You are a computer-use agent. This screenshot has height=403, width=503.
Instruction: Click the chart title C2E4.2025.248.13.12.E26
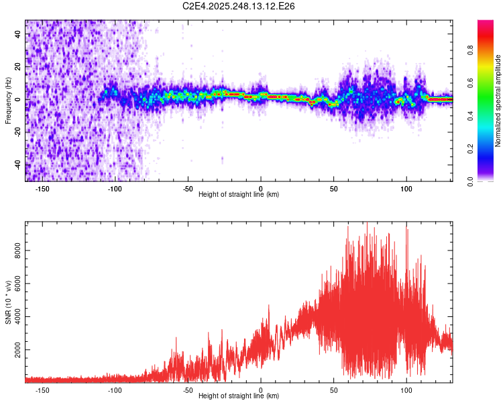(239, 7)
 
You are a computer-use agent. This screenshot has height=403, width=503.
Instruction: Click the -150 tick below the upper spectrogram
(42, 188)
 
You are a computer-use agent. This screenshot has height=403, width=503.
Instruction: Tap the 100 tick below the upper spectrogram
(406, 188)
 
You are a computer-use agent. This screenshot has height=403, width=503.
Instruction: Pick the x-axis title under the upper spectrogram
(239, 194)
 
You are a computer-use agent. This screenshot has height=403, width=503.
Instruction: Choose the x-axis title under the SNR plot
(239, 396)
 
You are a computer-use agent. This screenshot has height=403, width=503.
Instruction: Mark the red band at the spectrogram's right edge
(441, 99)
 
